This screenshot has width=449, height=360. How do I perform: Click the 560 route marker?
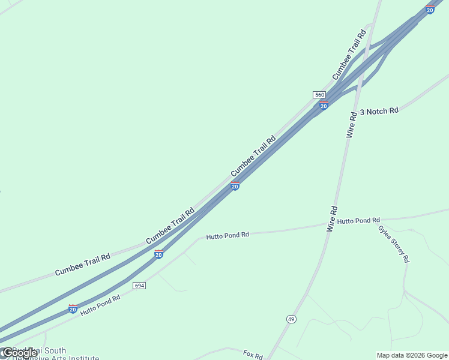pos(319,95)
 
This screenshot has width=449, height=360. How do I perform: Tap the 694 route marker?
pos(139,286)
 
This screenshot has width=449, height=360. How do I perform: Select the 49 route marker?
pos(291,319)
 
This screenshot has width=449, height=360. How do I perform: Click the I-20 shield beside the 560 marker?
pos(324,106)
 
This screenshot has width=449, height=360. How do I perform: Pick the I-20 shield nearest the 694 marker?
pos(158,254)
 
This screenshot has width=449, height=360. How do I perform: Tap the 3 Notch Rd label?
pos(379,112)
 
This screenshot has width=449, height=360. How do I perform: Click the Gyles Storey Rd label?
pos(394,243)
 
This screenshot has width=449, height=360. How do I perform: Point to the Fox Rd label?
pos(253,355)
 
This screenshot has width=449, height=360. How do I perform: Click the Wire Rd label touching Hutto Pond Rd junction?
pos(333,218)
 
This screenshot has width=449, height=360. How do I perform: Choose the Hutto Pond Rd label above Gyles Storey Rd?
pos(358,221)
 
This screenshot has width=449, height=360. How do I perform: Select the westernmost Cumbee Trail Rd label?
pos(82,265)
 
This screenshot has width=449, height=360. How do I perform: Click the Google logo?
pos(19,353)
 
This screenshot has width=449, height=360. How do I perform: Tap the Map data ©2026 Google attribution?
pos(412,355)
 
